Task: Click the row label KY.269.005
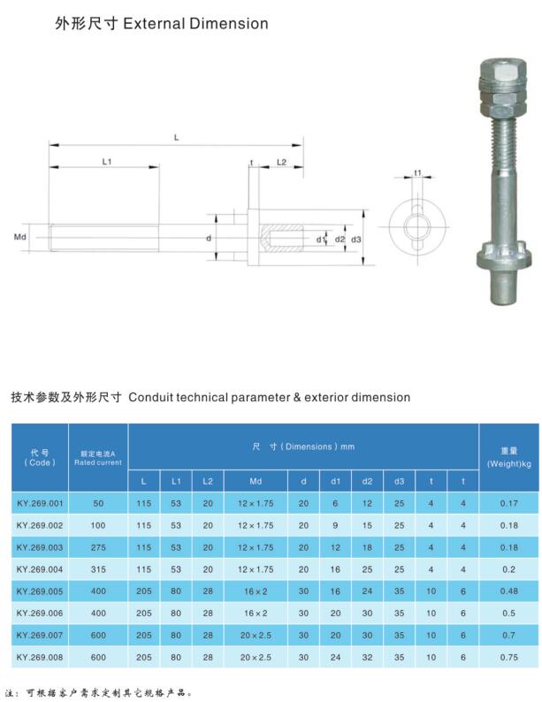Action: pos(40,588)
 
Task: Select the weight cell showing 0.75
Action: pos(508,657)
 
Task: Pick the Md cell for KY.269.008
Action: pos(255,657)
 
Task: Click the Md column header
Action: pos(255,481)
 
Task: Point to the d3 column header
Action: pos(399,481)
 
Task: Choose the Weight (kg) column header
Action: pos(508,457)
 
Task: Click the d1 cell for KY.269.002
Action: pos(335,524)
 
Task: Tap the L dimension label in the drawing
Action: pos(177,136)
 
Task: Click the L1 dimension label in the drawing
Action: pos(106,162)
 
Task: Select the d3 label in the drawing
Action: pos(356,239)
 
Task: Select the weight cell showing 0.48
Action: pos(508,588)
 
